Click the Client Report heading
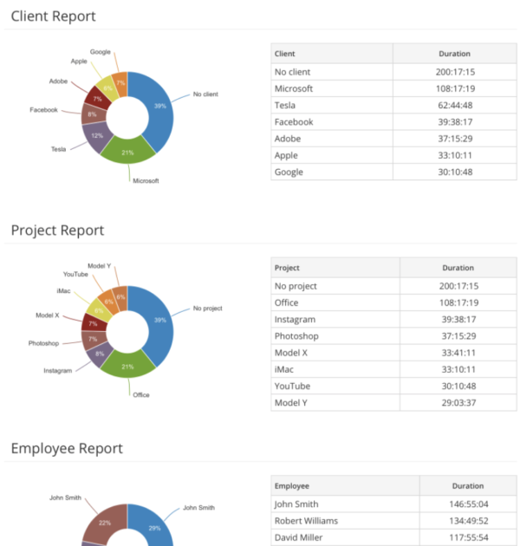[53, 16]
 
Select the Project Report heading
[57, 231]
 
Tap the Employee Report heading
[67, 449]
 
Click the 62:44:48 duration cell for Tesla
[454, 106]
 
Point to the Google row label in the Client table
[289, 172]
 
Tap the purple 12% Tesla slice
[97, 136]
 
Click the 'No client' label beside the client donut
[205, 94]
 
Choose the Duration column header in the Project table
[458, 268]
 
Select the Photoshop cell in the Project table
[296, 336]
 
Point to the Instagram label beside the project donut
[58, 371]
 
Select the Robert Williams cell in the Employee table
[306, 521]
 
